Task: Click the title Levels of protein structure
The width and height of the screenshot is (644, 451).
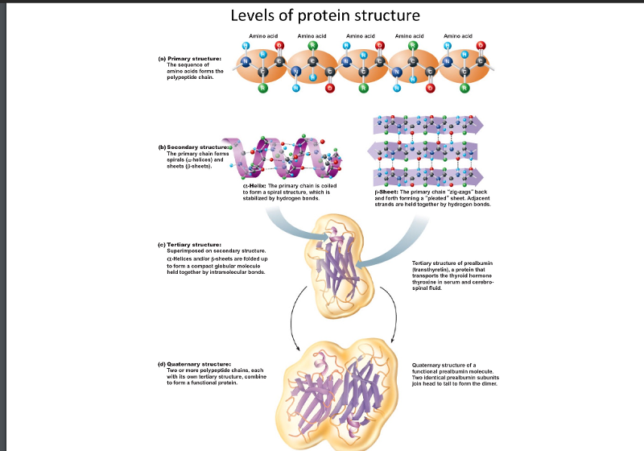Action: (325, 15)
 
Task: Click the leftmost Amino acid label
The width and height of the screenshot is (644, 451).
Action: (263, 37)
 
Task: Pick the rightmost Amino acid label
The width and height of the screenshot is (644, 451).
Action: (459, 37)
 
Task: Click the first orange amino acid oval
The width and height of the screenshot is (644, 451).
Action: (262, 71)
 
